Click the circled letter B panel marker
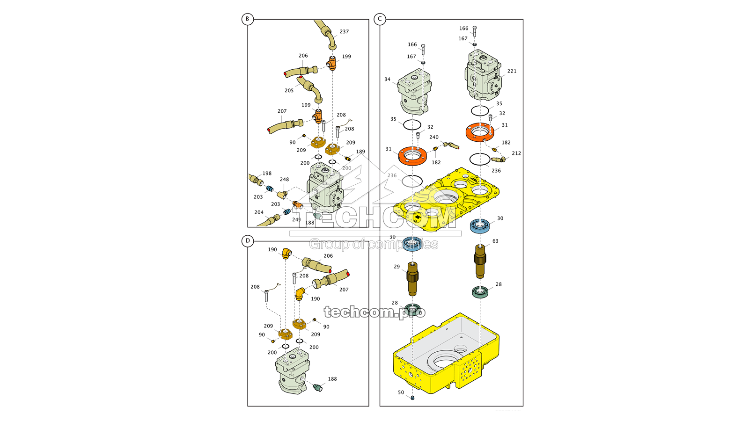[x=248, y=19]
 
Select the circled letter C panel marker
[x=380, y=19]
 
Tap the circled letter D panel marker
[x=248, y=241]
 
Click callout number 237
[x=344, y=32]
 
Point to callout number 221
[x=512, y=71]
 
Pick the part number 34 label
[x=387, y=80]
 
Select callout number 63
[x=495, y=241]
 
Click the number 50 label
[x=401, y=392]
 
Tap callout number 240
[x=434, y=138]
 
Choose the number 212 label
[x=516, y=153]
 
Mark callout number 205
[x=289, y=91]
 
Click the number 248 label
[x=284, y=180]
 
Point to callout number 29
[x=397, y=267]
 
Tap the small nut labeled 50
[x=412, y=398]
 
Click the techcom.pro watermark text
[x=374, y=312]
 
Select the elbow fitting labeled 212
[x=499, y=160]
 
